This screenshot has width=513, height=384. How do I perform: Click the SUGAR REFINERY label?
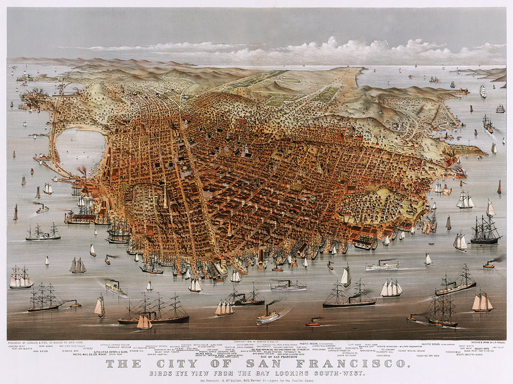click(x=347, y=355)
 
